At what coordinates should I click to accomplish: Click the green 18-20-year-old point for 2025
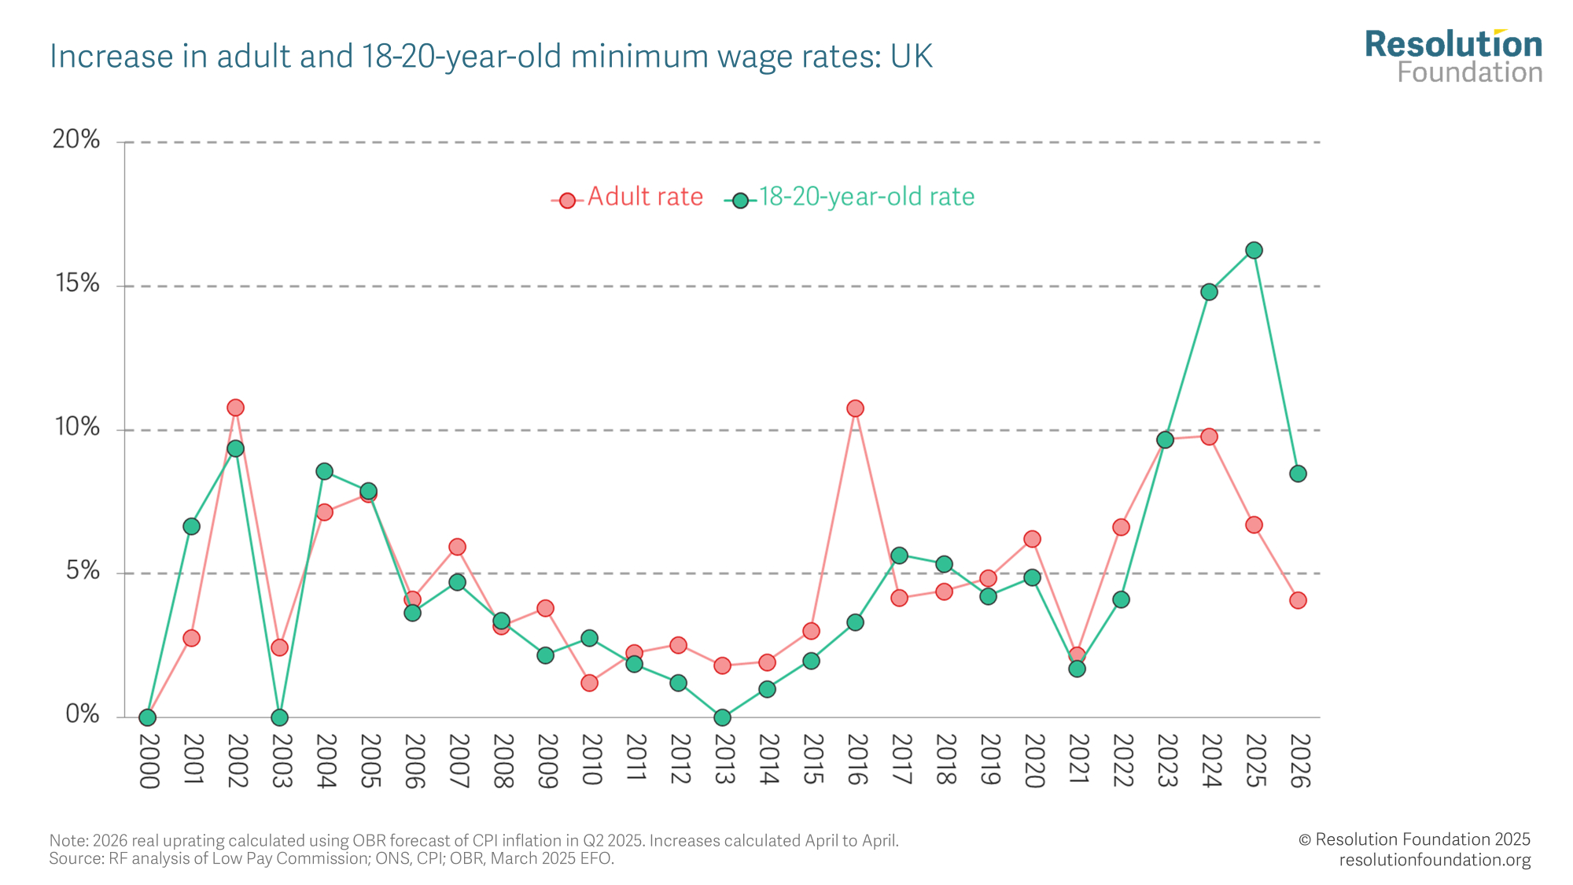pos(1254,250)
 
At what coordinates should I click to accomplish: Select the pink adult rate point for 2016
pos(855,408)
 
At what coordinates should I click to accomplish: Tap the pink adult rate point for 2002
pos(235,407)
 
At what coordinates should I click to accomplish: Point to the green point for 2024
pos(1209,292)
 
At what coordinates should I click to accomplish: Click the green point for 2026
pos(1298,474)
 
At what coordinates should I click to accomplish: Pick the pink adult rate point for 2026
pos(1298,600)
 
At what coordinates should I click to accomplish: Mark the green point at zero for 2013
pos(723,717)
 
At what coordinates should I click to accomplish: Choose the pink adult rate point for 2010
pos(589,683)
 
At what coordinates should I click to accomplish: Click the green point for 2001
pos(191,526)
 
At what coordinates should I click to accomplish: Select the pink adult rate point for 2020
pos(1032,539)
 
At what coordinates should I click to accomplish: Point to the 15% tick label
pos(77,284)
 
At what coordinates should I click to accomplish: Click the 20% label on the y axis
pos(76,140)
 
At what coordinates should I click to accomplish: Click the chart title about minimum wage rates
pos(491,57)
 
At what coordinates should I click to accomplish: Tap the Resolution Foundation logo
pos(1453,57)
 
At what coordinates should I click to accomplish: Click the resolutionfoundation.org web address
pos(1435,860)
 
